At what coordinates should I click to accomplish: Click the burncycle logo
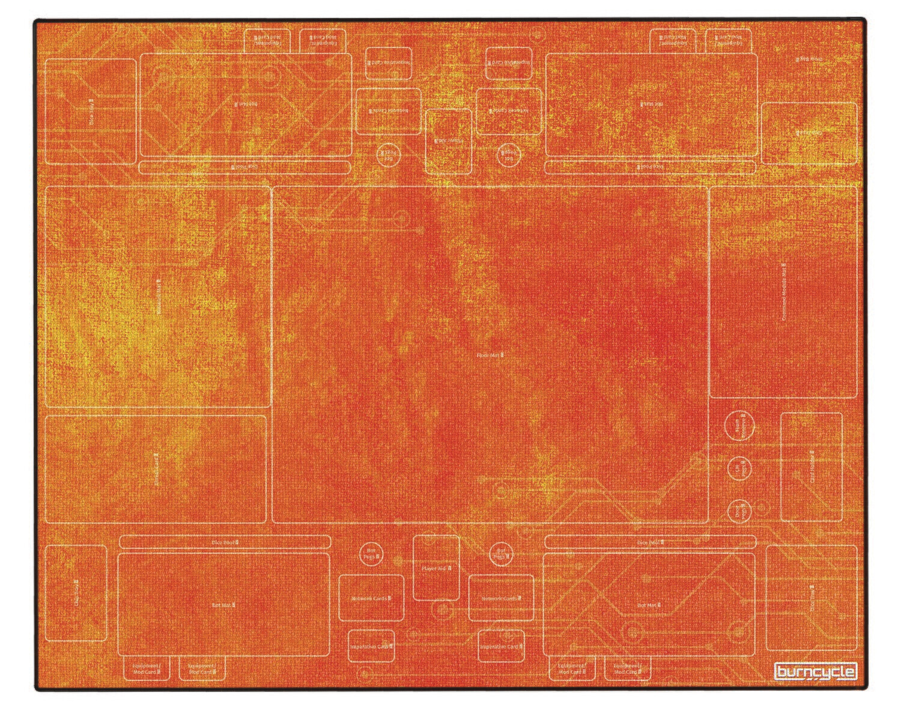815,671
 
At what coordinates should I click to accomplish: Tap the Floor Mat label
490,355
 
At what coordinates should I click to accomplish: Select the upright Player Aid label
436,567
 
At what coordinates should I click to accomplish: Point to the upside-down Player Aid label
447,140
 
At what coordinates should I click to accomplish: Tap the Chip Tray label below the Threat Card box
76,593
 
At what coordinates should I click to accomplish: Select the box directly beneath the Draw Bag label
809,133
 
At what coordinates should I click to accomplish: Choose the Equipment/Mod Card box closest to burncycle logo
628,668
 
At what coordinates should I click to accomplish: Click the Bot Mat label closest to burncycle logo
649,605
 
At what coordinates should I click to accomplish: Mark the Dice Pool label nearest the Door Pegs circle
650,542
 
